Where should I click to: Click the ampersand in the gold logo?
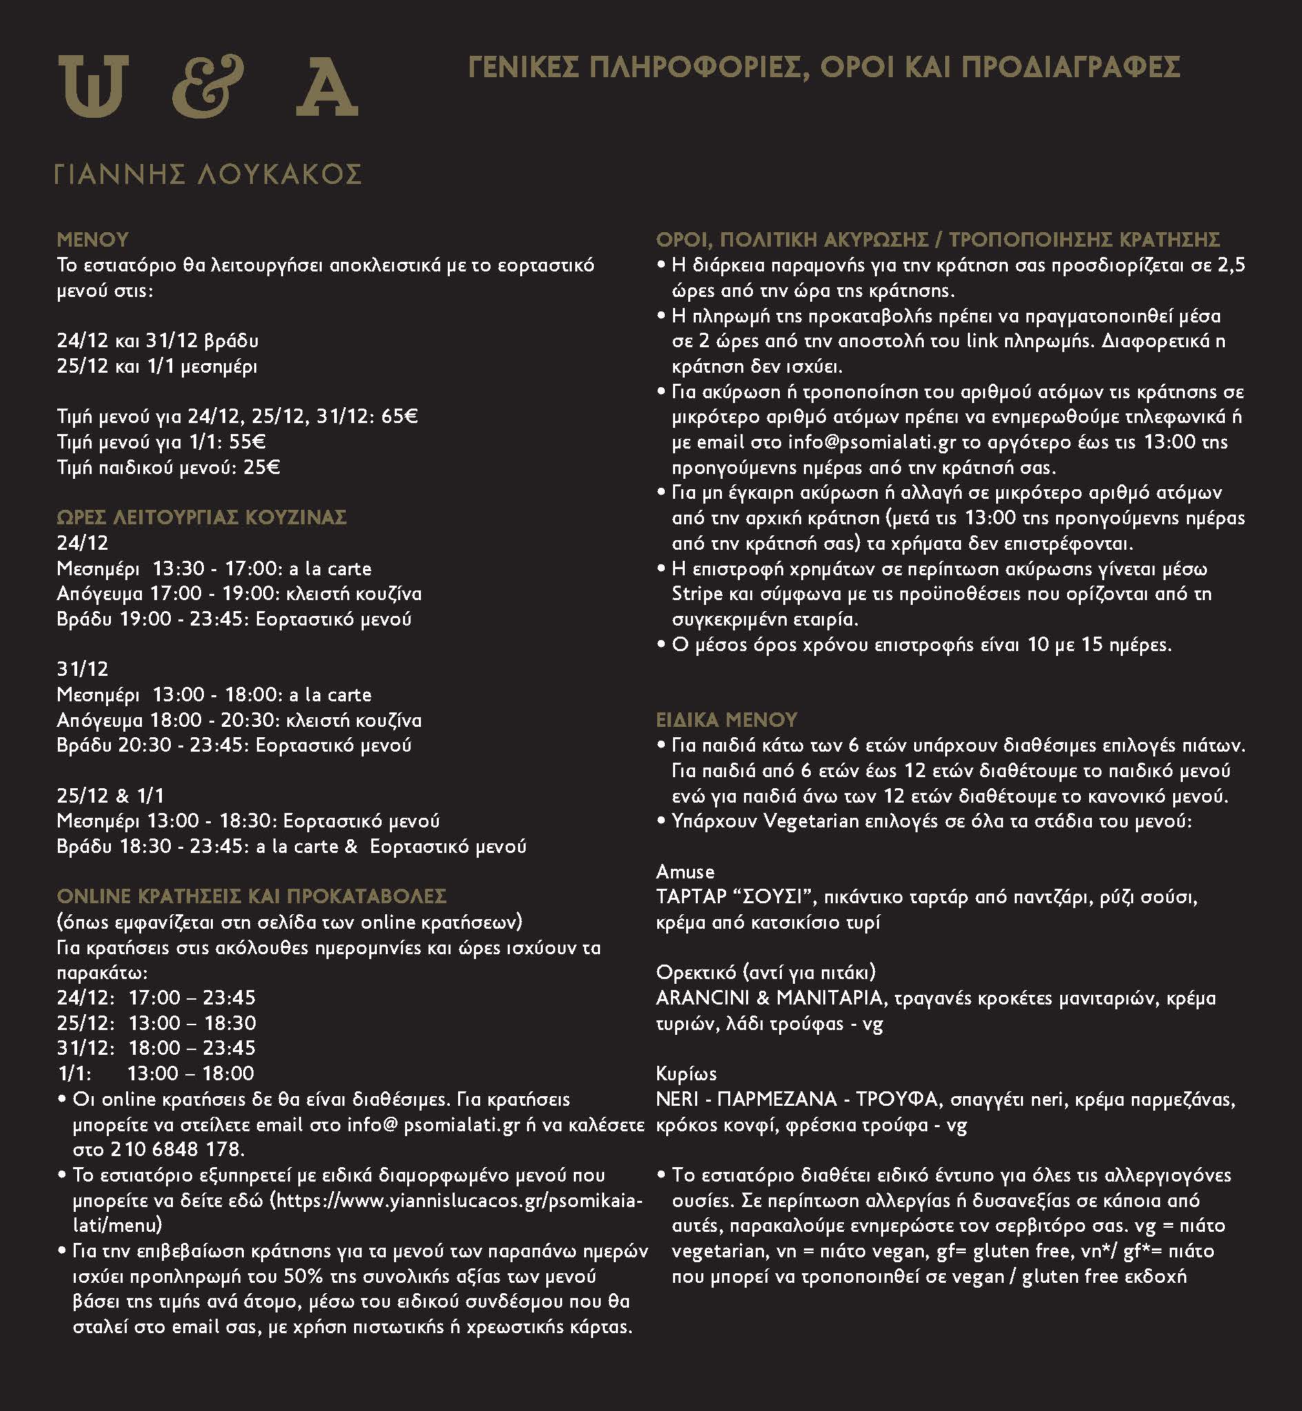point(209,86)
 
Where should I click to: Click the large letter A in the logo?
point(327,87)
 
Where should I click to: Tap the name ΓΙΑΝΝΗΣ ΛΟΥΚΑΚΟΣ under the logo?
point(209,174)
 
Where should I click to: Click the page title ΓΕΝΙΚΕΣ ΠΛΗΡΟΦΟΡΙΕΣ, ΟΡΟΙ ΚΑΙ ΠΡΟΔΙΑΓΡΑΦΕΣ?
point(825,68)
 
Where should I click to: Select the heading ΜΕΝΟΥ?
point(92,240)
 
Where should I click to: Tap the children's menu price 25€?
point(261,467)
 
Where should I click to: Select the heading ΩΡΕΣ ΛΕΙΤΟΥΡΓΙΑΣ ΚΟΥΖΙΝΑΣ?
point(201,518)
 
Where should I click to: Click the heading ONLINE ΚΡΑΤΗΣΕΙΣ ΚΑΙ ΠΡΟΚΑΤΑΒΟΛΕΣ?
point(251,896)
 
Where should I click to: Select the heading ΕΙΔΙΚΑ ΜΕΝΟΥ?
point(726,719)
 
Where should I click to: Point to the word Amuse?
point(685,872)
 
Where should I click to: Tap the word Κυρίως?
point(686,1073)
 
